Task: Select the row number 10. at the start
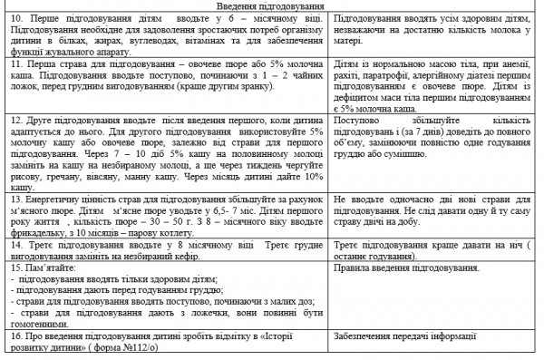(15, 19)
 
